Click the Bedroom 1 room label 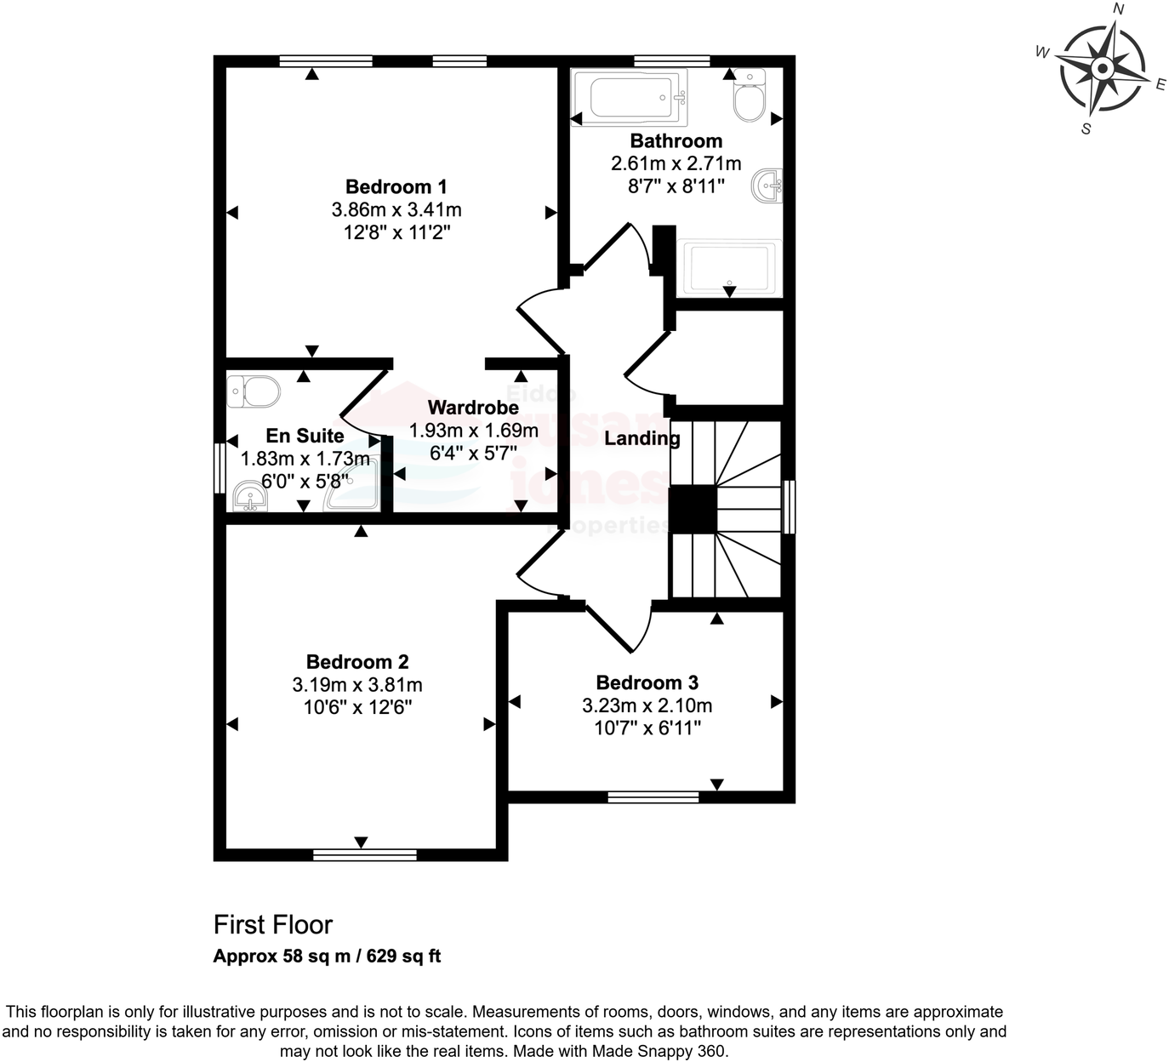[396, 187]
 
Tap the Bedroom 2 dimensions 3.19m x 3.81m [357, 685]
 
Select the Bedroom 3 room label [647, 682]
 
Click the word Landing [642, 438]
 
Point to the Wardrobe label [473, 408]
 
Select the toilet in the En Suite [254, 392]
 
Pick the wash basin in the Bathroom [767, 186]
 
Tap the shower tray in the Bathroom [729, 267]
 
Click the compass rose [1102, 69]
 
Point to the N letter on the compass [1119, 9]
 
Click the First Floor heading [272, 924]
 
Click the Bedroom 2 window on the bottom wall [364, 854]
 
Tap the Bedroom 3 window [653, 797]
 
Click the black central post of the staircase [693, 509]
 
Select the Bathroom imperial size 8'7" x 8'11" [676, 186]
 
